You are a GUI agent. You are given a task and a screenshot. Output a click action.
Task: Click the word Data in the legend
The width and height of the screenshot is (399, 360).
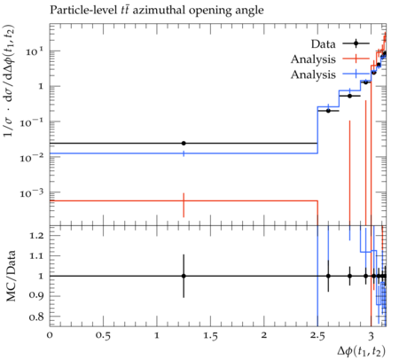pyautogui.click(x=324, y=44)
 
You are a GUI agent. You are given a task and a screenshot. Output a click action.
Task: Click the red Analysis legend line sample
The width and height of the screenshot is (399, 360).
pyautogui.click(x=356, y=59)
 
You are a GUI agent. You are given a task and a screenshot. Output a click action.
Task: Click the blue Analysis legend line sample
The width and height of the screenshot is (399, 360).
pyautogui.click(x=356, y=74)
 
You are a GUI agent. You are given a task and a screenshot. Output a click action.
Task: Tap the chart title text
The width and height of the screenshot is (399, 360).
pyautogui.click(x=157, y=11)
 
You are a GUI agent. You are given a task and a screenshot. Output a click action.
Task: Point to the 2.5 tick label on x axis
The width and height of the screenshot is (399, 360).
pyautogui.click(x=317, y=336)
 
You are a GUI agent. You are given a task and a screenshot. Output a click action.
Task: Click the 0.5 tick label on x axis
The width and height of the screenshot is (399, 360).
pyautogui.click(x=103, y=336)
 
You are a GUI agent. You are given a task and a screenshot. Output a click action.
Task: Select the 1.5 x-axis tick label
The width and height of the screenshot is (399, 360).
pyautogui.click(x=210, y=336)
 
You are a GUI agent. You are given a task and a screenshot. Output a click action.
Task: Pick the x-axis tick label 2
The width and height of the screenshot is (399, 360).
pyautogui.click(x=264, y=336)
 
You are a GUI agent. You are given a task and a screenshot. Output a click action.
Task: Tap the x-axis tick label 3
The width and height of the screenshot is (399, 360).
pyautogui.click(x=371, y=336)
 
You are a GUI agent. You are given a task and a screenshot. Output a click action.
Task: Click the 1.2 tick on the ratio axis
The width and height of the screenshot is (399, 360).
pyautogui.click(x=36, y=236)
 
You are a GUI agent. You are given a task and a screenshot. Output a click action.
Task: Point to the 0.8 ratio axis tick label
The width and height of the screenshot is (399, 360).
pyautogui.click(x=36, y=317)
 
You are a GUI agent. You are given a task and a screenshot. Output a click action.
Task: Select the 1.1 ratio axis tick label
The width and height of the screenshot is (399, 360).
pyautogui.click(x=36, y=256)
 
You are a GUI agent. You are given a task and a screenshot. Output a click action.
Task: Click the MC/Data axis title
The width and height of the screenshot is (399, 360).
pyautogui.click(x=11, y=276)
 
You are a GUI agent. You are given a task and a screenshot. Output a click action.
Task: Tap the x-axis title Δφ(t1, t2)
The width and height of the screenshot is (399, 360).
pyautogui.click(x=362, y=351)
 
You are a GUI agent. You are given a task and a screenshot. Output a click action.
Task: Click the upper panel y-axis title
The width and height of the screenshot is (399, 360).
pyautogui.click(x=10, y=81)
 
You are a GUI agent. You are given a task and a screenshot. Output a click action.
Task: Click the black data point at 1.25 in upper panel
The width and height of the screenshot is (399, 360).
pyautogui.click(x=184, y=144)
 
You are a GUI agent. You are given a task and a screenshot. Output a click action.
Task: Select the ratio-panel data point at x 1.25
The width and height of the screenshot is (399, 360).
pyautogui.click(x=184, y=276)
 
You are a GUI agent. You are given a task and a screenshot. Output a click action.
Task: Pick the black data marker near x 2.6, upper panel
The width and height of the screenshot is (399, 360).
pyautogui.click(x=328, y=111)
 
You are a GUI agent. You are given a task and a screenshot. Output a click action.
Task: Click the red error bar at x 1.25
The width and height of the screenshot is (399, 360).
pyautogui.click(x=184, y=205)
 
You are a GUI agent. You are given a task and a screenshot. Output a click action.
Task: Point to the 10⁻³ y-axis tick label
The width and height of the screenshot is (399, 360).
pyautogui.click(x=32, y=193)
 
